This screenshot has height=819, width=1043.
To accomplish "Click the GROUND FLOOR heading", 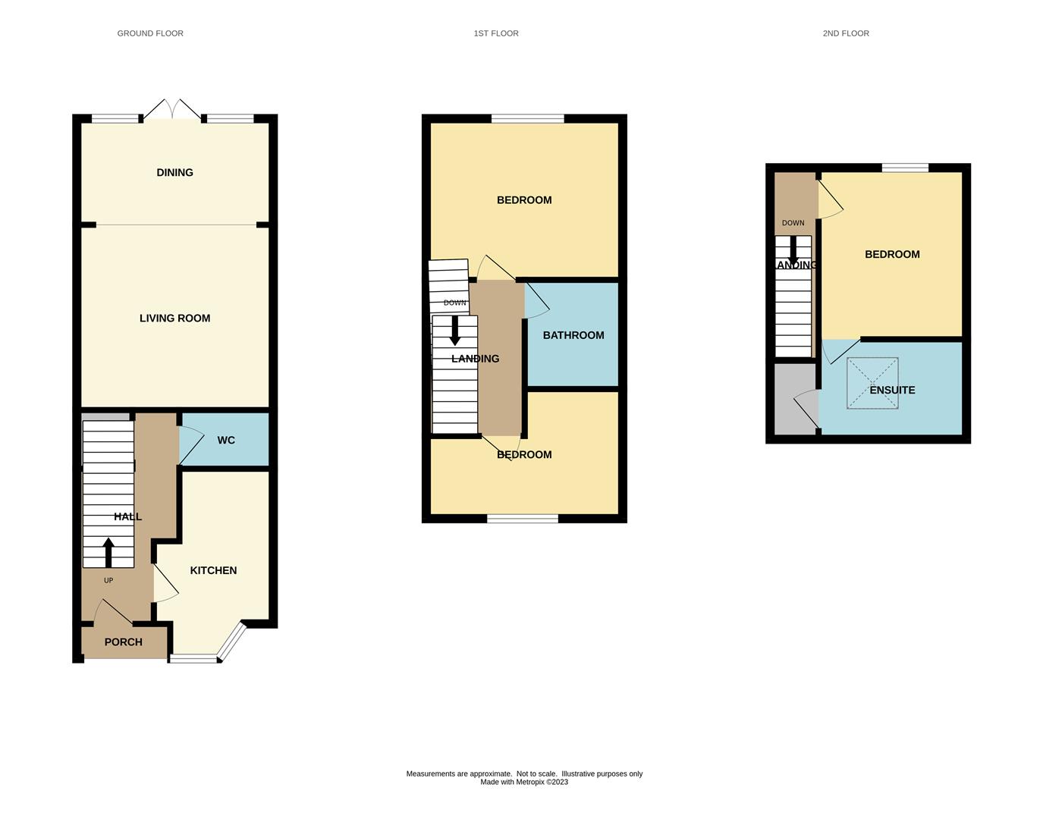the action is point(150,33).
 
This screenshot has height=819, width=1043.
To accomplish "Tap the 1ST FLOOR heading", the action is point(496,33).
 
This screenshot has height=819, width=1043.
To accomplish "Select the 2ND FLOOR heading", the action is point(846,33).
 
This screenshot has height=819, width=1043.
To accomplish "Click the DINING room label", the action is point(174,173).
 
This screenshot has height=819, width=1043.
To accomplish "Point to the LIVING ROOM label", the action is point(174,318).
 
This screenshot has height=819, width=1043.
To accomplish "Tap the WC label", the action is point(226,441).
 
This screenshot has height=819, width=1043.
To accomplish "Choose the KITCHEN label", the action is point(214,570).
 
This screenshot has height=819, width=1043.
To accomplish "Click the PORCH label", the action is point(124,642).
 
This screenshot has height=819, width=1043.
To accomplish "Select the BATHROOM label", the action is point(573,335).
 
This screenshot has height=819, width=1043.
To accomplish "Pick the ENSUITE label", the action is point(892,390).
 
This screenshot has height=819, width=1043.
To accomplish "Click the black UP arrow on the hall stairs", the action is point(108,552).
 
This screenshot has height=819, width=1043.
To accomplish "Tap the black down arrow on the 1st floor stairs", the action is point(454,331).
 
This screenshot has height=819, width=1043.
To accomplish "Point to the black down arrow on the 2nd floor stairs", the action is point(793,249).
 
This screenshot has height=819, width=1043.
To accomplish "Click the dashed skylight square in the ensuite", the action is point(872,384).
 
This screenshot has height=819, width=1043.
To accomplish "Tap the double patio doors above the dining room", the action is point(172,109).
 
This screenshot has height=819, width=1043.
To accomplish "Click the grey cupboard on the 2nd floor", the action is point(795,399).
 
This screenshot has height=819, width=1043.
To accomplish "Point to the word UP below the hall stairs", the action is point(108,581).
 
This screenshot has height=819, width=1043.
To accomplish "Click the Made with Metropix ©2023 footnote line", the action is point(524,782).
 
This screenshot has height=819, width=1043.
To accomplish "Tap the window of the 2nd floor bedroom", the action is point(905,168).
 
